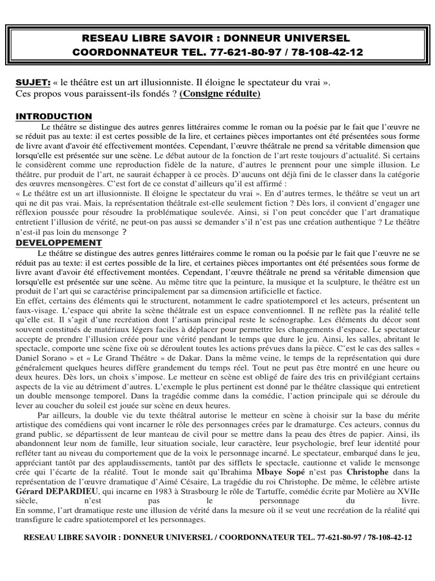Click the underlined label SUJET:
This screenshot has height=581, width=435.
(x=33, y=82)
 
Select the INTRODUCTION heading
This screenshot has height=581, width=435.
(x=53, y=116)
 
